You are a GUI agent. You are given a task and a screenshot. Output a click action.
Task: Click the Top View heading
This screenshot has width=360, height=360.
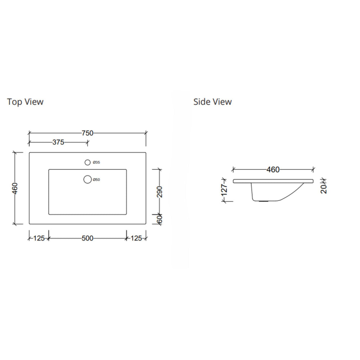pyautogui.click(x=25, y=102)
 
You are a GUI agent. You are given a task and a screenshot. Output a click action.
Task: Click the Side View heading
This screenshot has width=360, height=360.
pyautogui.click(x=212, y=102)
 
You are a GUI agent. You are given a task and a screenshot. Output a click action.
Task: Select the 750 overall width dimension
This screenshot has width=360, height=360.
pyautogui.click(x=87, y=133)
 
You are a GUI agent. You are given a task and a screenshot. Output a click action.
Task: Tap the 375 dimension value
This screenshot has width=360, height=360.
pyautogui.click(x=58, y=142)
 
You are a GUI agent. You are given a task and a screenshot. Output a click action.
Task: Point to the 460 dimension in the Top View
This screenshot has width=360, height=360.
pyautogui.click(x=15, y=188)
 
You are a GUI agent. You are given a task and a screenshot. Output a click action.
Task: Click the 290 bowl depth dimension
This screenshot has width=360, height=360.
pyautogui.click(x=160, y=192)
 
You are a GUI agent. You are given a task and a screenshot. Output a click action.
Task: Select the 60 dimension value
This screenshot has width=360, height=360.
pyautogui.click(x=160, y=219)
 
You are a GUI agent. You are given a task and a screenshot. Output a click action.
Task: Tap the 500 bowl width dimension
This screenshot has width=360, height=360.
pyautogui.click(x=87, y=238)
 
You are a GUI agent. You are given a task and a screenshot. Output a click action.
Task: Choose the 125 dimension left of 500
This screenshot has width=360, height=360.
pyautogui.click(x=39, y=238)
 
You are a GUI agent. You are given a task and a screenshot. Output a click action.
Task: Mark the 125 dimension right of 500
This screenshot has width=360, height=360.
pyautogui.click(x=137, y=238)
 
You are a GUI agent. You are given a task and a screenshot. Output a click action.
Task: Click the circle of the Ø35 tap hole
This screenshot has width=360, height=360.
pyautogui.click(x=87, y=163)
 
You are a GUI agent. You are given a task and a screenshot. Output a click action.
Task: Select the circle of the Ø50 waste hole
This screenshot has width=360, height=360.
pyautogui.click(x=87, y=179)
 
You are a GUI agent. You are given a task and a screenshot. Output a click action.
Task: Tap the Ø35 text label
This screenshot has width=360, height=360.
pyautogui.click(x=96, y=163)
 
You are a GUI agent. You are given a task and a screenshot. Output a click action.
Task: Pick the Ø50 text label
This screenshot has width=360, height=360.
pyautogui.click(x=96, y=179)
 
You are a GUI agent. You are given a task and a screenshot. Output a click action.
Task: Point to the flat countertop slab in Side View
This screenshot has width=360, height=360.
pyautogui.click(x=274, y=181)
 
